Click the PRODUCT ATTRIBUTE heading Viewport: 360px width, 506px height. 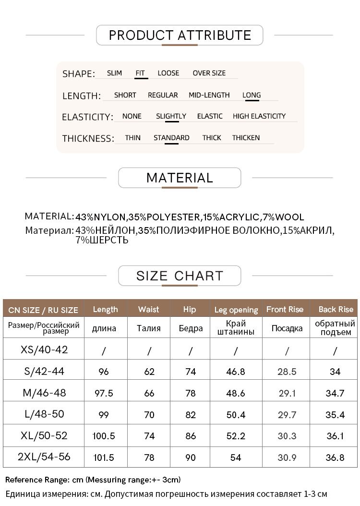click(x=180, y=35)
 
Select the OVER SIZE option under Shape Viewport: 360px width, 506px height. click(x=209, y=73)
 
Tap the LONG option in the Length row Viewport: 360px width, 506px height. click(x=252, y=95)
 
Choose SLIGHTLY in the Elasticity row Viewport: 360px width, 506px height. click(x=171, y=116)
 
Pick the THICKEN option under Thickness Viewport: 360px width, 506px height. click(x=246, y=138)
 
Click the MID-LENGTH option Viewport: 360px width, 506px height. click(x=209, y=95)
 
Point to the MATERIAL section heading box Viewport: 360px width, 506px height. click(x=180, y=178)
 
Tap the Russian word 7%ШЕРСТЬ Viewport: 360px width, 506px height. click(x=102, y=240)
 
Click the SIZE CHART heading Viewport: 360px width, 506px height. click(x=180, y=276)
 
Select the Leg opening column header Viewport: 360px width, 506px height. click(x=236, y=310)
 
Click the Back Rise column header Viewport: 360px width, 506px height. click(x=336, y=310)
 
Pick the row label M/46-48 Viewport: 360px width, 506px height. click(x=44, y=393)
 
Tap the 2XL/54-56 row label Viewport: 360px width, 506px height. click(x=44, y=457)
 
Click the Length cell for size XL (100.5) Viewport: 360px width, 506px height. click(x=104, y=436)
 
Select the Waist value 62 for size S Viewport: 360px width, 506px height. click(x=149, y=372)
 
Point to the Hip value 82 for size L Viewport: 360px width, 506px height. click(x=190, y=415)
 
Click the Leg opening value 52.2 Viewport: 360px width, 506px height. click(x=236, y=436)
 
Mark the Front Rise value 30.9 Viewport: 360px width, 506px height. click(x=287, y=458)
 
